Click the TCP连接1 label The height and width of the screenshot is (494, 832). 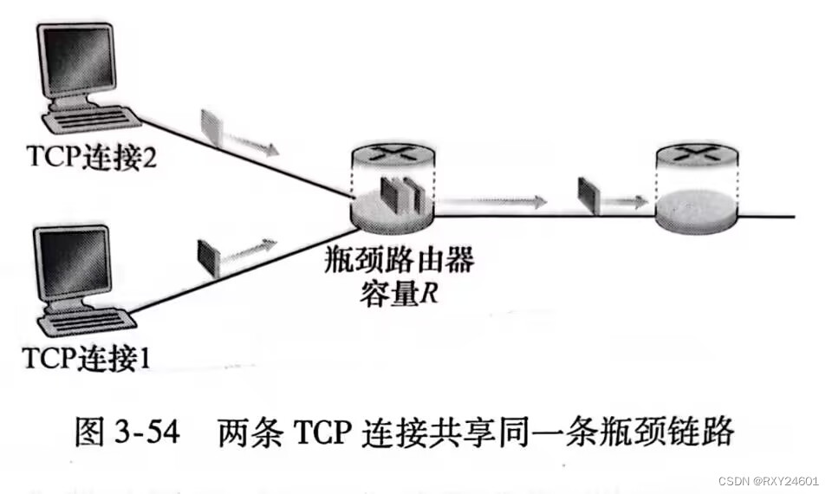(x=84, y=357)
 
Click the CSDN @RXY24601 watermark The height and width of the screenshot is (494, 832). (x=768, y=480)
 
